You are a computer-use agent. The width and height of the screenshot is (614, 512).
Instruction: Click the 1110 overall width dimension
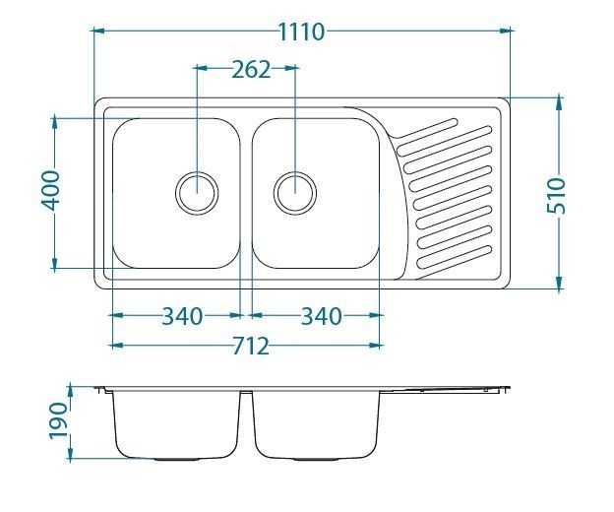(x=301, y=32)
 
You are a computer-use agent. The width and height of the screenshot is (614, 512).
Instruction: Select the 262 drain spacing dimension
(x=251, y=70)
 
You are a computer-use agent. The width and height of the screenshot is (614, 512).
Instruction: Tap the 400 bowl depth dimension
(x=51, y=190)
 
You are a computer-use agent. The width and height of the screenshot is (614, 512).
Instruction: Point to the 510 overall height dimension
(x=557, y=195)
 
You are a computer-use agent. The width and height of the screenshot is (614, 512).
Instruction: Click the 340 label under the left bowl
(x=182, y=316)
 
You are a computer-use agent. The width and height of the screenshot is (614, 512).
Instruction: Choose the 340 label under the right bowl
(x=321, y=316)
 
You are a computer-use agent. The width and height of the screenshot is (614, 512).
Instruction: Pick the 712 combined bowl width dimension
(x=251, y=347)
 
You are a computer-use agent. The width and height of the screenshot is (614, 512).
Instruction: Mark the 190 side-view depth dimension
(x=58, y=420)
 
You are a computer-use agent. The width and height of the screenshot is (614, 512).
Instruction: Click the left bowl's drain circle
(x=197, y=192)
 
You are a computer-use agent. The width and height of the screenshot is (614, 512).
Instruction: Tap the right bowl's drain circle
(x=295, y=192)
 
